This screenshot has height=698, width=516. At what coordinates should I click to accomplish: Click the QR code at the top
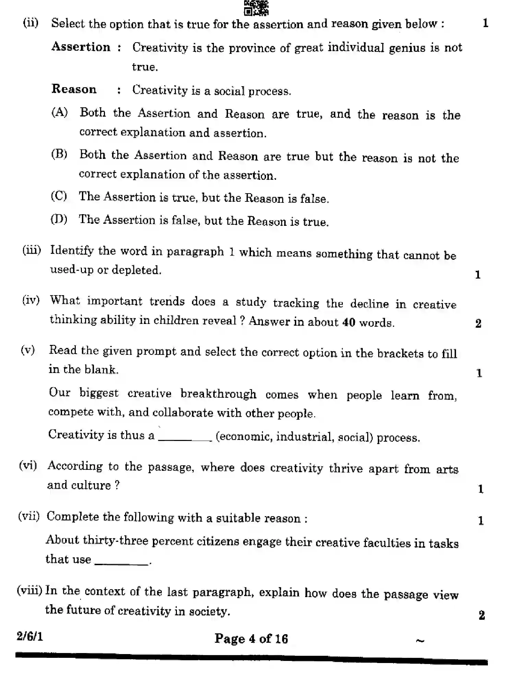[256, 8]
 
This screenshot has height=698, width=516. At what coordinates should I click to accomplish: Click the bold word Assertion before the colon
[81, 47]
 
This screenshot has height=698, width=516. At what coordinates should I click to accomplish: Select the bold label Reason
[74, 89]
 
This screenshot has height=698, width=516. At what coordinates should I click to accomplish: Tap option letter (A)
[60, 112]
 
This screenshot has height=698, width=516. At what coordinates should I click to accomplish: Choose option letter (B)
[59, 154]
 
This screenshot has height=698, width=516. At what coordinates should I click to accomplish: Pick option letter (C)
[59, 196]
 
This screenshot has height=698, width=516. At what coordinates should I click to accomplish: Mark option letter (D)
[59, 219]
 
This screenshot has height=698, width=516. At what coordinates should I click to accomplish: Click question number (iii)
[32, 250]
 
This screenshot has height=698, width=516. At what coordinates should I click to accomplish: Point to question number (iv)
[31, 300]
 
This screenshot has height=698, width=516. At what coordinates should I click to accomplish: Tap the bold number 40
[349, 323]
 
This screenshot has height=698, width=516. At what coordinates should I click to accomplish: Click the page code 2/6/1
[30, 637]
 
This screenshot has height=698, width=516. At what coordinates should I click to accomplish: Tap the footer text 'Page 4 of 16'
[251, 639]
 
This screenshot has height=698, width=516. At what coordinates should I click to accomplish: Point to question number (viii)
[29, 591]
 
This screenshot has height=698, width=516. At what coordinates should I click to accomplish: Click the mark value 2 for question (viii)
[482, 615]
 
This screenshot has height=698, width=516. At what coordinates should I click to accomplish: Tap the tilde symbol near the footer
[420, 640]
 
